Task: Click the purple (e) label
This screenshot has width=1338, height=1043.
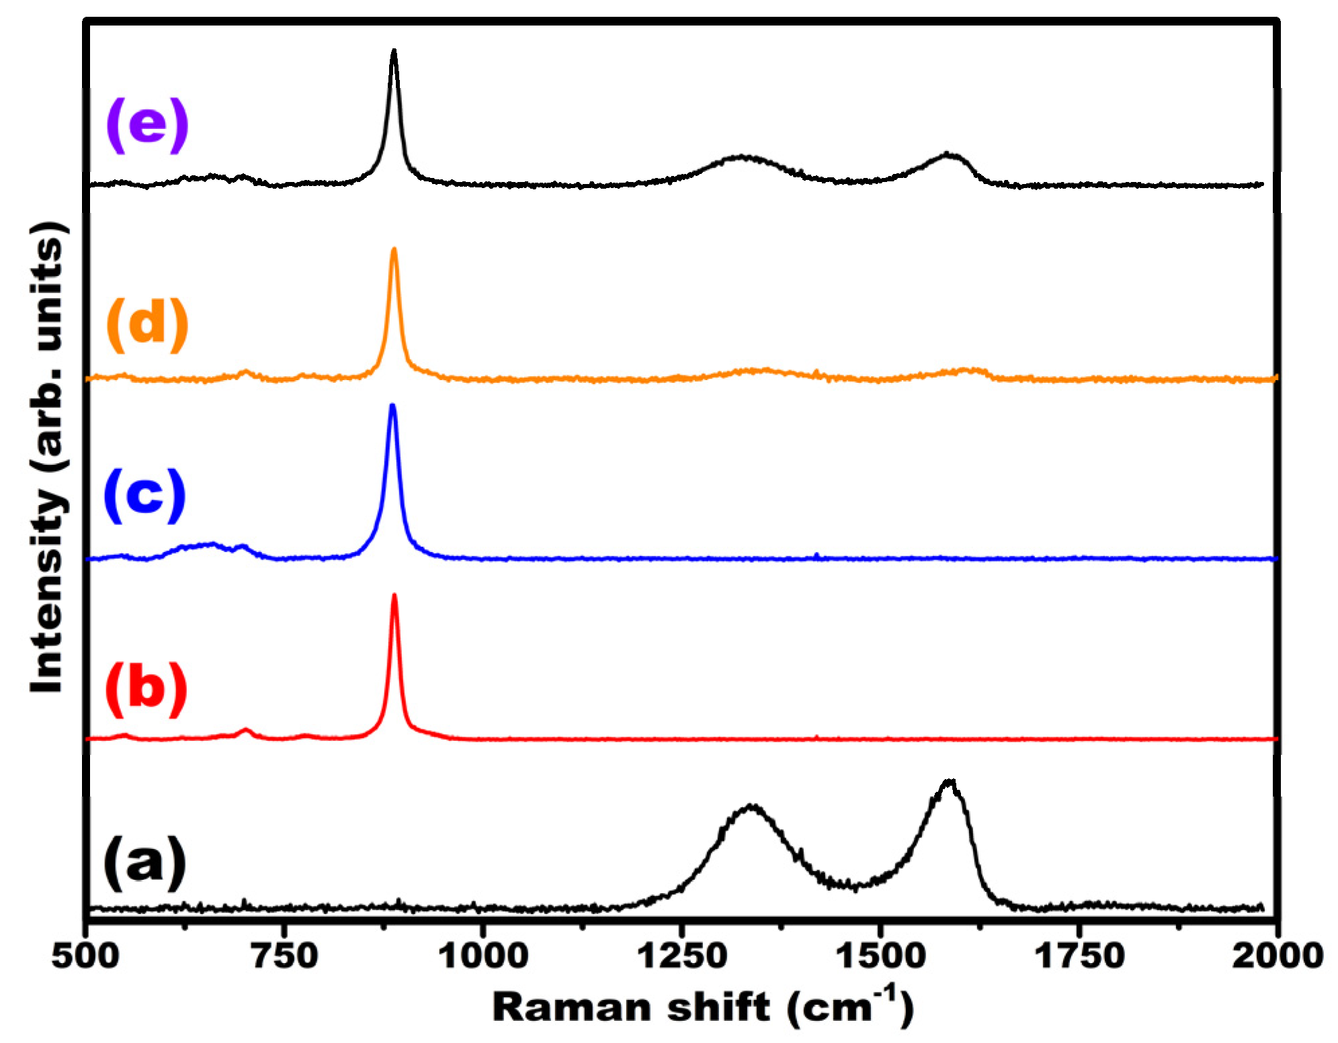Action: pyautogui.click(x=147, y=124)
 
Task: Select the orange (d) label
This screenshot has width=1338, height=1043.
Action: pyautogui.click(x=147, y=324)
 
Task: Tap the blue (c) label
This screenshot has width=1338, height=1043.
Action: pyautogui.click(x=144, y=495)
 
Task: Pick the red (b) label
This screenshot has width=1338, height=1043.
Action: pyautogui.click(x=146, y=689)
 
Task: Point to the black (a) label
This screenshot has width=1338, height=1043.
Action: pyautogui.click(x=144, y=863)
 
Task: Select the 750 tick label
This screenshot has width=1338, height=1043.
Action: pyautogui.click(x=284, y=956)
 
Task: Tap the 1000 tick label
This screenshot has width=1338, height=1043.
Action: pyautogui.click(x=483, y=956)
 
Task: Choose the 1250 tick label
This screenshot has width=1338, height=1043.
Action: pyautogui.click(x=681, y=956)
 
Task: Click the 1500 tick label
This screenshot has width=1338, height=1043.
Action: pyautogui.click(x=879, y=956)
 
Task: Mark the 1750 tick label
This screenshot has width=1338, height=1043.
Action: pyautogui.click(x=1079, y=956)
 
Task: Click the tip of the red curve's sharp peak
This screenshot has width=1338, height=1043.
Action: pyautogui.click(x=394, y=595)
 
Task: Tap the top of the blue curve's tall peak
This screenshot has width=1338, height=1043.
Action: pyautogui.click(x=392, y=405)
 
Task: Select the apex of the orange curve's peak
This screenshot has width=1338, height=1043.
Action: pyautogui.click(x=394, y=249)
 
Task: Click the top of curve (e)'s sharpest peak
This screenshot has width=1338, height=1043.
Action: pyautogui.click(x=394, y=50)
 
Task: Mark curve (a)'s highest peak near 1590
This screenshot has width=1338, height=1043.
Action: pyautogui.click(x=948, y=781)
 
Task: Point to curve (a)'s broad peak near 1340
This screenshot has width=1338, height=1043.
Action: pyautogui.click(x=751, y=805)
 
